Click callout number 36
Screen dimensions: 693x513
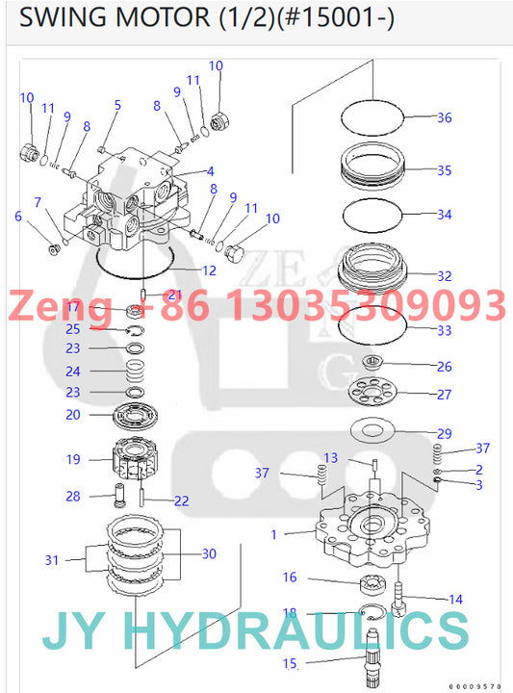tap(444, 118)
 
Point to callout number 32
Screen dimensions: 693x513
tap(444, 276)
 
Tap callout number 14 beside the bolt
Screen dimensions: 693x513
tap(455, 600)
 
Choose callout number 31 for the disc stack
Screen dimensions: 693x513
tap(52, 559)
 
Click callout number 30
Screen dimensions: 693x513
tap(210, 553)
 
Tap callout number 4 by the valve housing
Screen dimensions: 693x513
tap(209, 171)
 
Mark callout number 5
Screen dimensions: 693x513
tap(117, 105)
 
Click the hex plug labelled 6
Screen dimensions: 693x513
tap(55, 250)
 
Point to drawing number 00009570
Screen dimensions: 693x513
tap(477, 686)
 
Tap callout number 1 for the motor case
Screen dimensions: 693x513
tap(275, 533)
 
